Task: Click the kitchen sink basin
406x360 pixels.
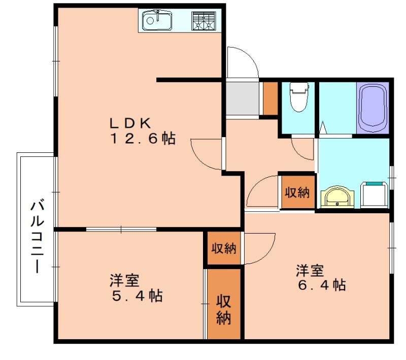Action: pos(156,21)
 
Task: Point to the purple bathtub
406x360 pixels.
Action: pos(373,108)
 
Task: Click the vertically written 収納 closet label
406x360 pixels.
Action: pos(224,309)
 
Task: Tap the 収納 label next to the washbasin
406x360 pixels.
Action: pos(297,193)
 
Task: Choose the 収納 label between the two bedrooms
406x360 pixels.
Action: pos(224,248)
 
